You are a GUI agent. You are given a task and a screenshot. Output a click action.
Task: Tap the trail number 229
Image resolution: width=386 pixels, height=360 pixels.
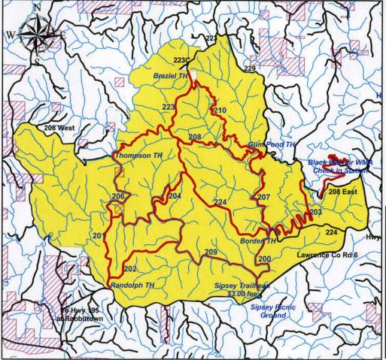250,68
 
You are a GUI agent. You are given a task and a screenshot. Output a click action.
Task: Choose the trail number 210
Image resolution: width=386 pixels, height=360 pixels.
220,111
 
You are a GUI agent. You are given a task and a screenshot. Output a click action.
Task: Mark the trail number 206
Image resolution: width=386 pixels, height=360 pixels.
117,197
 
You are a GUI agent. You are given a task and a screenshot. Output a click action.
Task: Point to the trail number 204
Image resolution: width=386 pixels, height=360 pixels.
175,195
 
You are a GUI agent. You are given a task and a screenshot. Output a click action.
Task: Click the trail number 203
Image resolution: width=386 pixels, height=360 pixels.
315,213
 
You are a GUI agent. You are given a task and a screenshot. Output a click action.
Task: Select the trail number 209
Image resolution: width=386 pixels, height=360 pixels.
211,251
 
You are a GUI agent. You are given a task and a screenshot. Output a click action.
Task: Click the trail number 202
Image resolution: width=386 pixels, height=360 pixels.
129,268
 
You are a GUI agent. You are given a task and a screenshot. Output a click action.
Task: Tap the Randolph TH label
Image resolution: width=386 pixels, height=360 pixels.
137,286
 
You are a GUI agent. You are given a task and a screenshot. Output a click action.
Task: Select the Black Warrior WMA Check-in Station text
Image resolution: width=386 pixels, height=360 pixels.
337,166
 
